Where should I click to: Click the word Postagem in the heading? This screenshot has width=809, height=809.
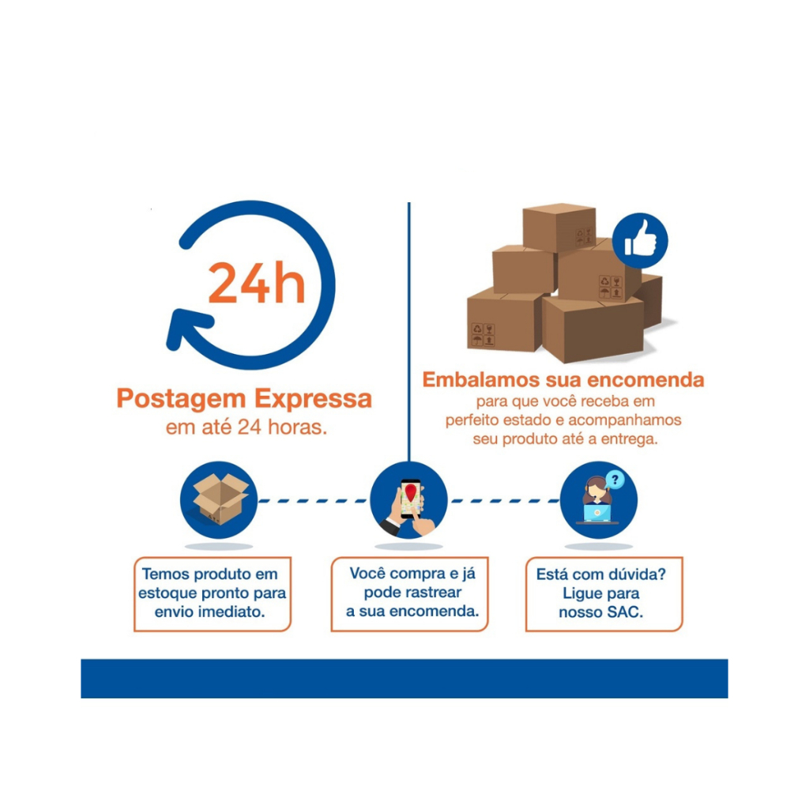point(182,399)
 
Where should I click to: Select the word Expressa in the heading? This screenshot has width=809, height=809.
point(313,398)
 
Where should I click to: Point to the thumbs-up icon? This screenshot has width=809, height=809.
point(640,240)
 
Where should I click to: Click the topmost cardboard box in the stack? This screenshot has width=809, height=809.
point(559,228)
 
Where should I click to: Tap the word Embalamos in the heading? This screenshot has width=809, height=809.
point(481,380)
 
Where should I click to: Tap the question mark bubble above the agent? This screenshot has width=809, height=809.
point(615,480)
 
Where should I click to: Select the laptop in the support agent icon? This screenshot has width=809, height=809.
point(597,514)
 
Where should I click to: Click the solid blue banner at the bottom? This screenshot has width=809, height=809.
point(404,679)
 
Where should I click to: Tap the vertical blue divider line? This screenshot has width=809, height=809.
point(408,332)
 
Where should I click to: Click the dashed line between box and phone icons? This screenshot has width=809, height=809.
point(313,500)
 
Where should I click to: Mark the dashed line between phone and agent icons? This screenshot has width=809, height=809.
point(504,500)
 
